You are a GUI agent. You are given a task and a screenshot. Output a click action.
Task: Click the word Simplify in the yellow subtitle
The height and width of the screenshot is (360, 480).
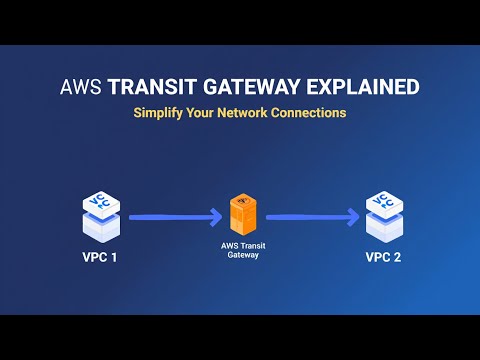coord(159,113)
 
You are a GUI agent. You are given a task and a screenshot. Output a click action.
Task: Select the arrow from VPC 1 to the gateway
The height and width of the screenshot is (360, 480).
coord(172,214)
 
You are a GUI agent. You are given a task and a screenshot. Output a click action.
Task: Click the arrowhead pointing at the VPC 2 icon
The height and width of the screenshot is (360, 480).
coord(352,214)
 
